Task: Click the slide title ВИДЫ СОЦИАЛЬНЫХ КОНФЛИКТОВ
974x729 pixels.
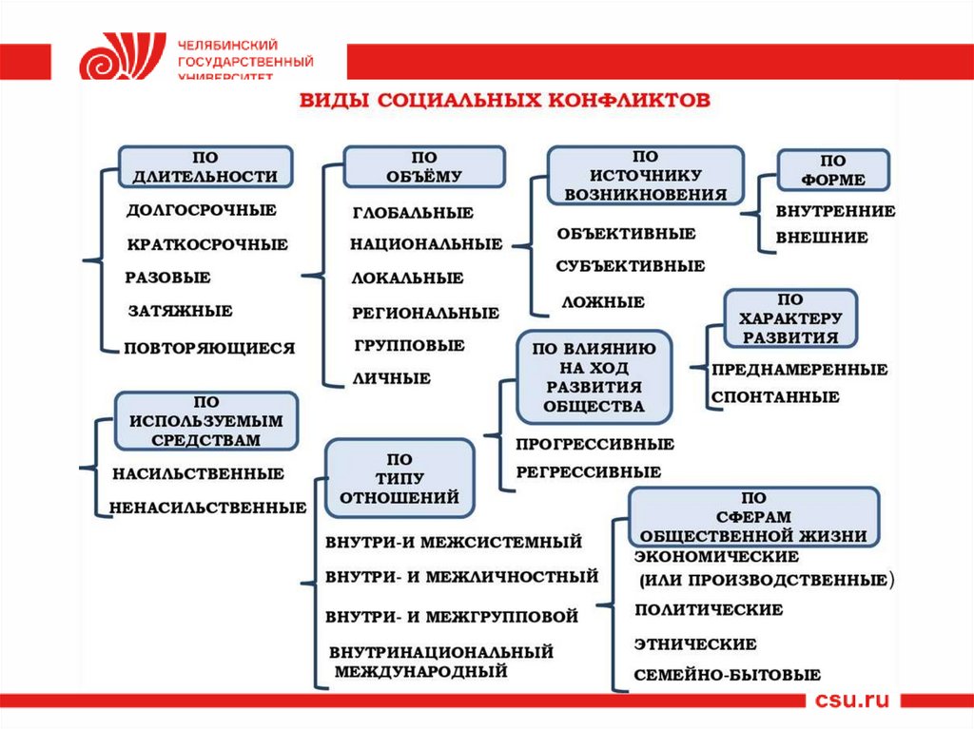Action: tap(505, 101)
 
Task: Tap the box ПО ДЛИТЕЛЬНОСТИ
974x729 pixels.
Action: tap(205, 167)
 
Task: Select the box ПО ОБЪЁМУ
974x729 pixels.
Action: tap(424, 166)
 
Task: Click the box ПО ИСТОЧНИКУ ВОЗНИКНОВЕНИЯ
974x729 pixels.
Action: tap(645, 176)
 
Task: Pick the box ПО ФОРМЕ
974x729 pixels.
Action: tap(834, 170)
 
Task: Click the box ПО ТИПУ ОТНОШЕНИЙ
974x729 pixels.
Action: tap(399, 478)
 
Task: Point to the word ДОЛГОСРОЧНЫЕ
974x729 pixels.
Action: tap(202, 210)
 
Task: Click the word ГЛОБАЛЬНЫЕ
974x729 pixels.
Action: tap(413, 213)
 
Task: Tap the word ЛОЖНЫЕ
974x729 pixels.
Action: tap(603, 302)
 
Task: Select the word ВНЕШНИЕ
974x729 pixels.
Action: tap(822, 238)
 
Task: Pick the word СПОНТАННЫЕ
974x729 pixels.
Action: tap(775, 397)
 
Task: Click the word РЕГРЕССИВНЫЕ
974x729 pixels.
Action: tap(589, 471)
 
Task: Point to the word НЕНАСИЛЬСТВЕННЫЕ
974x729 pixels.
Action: tap(208, 508)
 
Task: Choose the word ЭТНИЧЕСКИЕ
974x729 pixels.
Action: tap(695, 643)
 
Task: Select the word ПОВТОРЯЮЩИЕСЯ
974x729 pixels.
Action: tap(210, 348)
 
